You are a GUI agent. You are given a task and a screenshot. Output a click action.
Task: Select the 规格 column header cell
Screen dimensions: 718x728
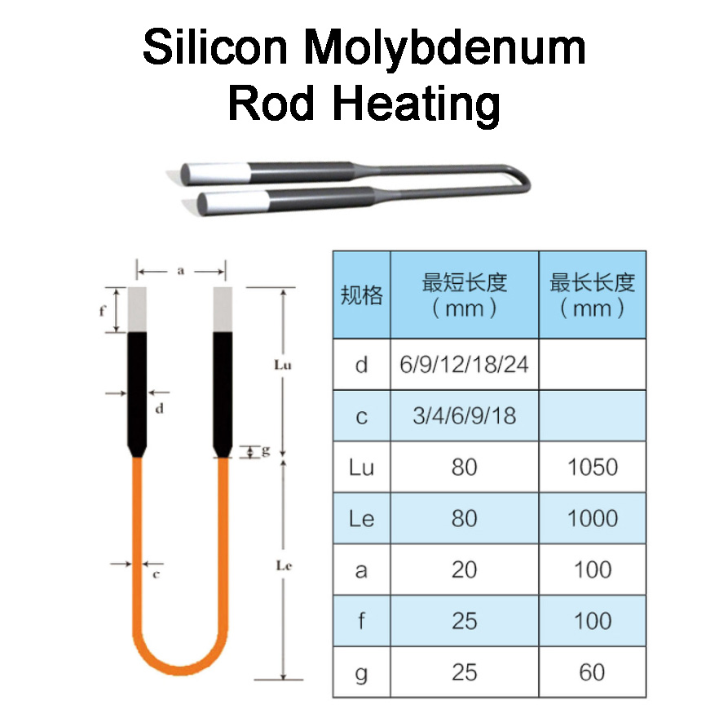tap(361, 295)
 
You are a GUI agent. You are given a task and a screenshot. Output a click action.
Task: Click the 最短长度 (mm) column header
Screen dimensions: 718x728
tap(464, 295)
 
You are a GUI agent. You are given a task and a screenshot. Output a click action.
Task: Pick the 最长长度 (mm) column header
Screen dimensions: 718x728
tap(592, 295)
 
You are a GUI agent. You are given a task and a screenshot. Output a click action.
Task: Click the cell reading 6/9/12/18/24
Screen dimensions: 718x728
tap(464, 364)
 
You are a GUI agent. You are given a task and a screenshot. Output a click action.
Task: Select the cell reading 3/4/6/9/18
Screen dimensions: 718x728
tap(464, 416)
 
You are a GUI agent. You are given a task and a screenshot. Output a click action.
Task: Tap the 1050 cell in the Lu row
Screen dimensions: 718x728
tap(592, 468)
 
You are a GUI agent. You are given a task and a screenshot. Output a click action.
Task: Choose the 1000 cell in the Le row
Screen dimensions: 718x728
tap(592, 518)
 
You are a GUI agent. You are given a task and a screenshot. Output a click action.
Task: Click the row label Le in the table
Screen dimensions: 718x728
tap(361, 518)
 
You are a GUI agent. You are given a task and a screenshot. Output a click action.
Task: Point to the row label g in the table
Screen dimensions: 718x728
tap(361, 671)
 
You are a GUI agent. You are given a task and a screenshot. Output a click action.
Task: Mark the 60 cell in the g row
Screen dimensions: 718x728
tap(592, 671)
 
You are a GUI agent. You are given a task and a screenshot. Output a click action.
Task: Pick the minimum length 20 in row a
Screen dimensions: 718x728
tap(464, 570)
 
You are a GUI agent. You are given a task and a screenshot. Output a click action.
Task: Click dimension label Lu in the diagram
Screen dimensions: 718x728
tap(283, 365)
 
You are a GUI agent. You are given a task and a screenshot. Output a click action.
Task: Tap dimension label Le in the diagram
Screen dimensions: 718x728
tap(284, 565)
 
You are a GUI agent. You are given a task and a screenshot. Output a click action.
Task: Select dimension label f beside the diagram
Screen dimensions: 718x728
tap(102, 310)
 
